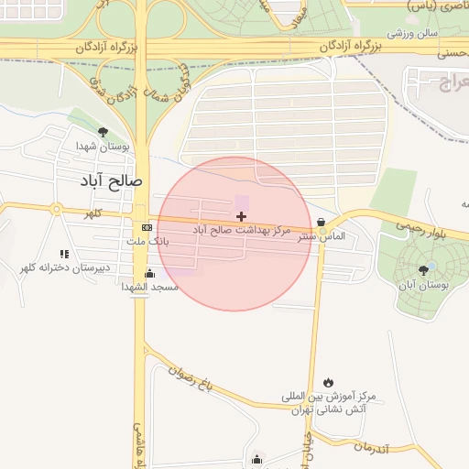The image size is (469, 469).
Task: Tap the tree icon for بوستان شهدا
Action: tap(103, 131)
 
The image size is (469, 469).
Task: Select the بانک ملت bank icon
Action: tap(147, 227)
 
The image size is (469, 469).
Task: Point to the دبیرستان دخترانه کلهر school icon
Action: tap(64, 254)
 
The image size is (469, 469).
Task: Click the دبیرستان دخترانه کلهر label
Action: tap(65, 267)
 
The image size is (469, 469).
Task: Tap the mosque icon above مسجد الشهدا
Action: tap(149, 273)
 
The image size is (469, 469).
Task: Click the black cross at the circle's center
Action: tap(241, 216)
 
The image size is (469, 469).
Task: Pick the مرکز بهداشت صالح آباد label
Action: tap(242, 230)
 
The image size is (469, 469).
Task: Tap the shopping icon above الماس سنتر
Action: tap(321, 222)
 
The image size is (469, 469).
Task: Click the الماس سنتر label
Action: tap(326, 236)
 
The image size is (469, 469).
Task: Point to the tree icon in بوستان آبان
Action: tap(422, 270)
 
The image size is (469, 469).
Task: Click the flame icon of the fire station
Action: tap(328, 383)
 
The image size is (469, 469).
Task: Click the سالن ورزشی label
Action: tap(411, 35)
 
